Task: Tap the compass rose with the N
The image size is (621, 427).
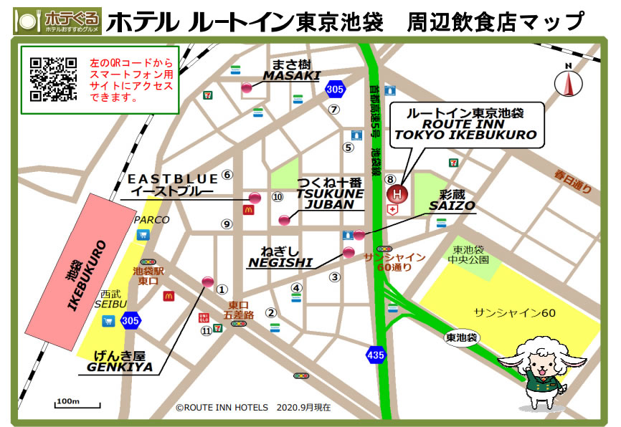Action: click(x=569, y=82)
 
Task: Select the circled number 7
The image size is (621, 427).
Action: click(x=333, y=110)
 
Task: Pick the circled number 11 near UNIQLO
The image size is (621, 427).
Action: click(x=207, y=330)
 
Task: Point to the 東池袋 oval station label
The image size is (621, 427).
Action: click(x=461, y=337)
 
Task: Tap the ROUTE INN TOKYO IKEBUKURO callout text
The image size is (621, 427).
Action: click(x=465, y=124)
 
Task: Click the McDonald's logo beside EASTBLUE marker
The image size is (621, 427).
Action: click(x=249, y=211)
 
